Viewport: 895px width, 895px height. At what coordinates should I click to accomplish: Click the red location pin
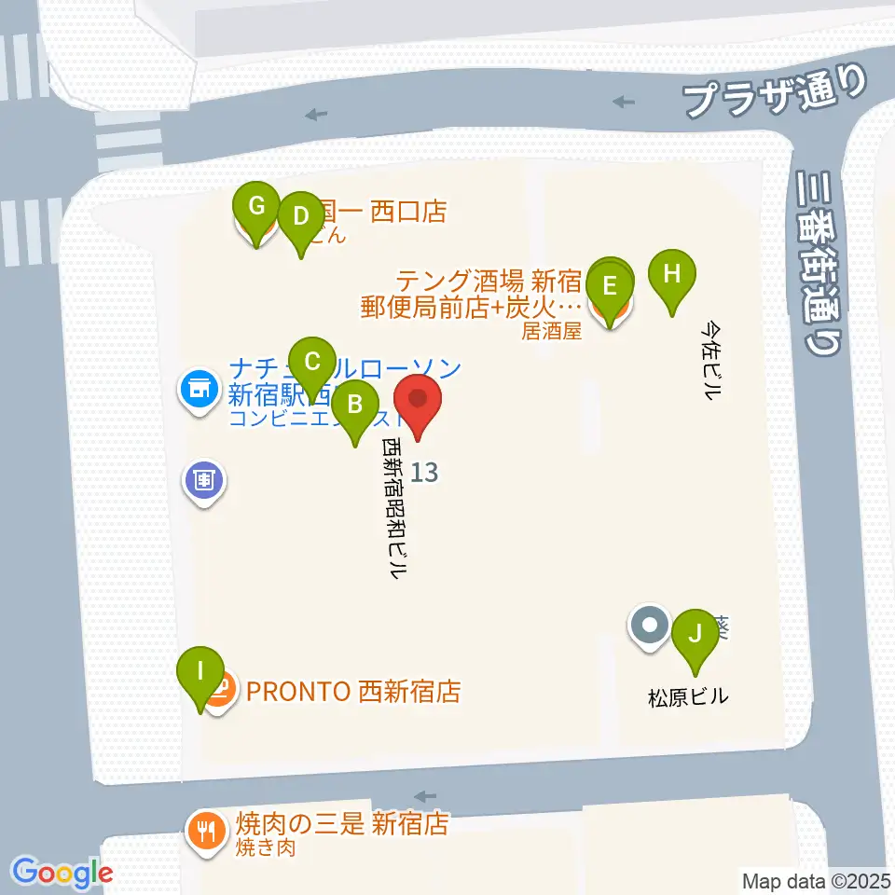(x=418, y=403)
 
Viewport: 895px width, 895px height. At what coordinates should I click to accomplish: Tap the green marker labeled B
(x=355, y=406)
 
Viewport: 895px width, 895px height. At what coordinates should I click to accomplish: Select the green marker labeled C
(x=312, y=361)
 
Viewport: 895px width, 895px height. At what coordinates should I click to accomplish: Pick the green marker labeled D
(x=300, y=217)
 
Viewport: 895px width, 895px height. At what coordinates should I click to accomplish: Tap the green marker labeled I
(x=200, y=670)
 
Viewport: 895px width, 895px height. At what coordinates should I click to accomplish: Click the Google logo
(x=62, y=873)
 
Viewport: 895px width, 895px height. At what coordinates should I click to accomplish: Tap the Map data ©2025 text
(x=815, y=880)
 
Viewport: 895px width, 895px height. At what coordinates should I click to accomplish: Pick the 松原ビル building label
(x=687, y=696)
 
